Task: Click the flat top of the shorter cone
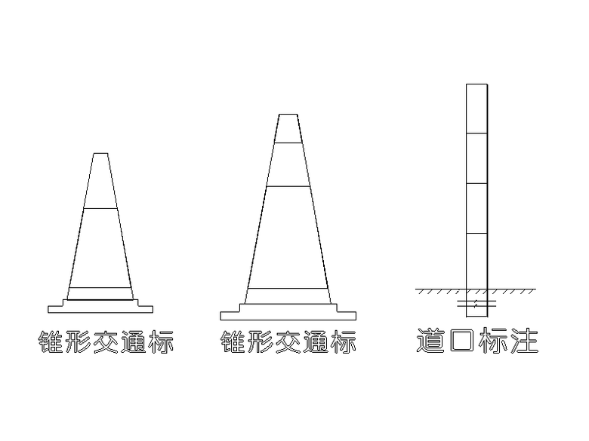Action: click(x=100, y=153)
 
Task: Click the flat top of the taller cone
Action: click(x=288, y=115)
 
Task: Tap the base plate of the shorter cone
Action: click(x=100, y=307)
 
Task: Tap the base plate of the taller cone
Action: click(x=288, y=312)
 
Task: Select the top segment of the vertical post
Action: click(x=476, y=109)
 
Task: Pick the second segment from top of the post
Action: click(x=476, y=158)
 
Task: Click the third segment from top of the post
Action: click(x=476, y=209)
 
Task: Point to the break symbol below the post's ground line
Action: click(x=476, y=303)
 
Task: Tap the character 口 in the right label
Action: click(x=461, y=341)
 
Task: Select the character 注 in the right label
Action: click(x=524, y=340)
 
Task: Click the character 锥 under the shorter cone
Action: click(x=51, y=341)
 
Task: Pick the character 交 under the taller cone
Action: click(x=288, y=341)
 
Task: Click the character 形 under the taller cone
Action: click(x=261, y=341)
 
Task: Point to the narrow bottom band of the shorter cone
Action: click(x=100, y=294)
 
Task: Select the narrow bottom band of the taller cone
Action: click(x=288, y=296)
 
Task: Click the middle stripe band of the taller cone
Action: click(x=288, y=164)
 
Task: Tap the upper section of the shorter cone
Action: click(x=100, y=181)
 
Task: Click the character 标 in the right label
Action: click(x=493, y=340)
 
